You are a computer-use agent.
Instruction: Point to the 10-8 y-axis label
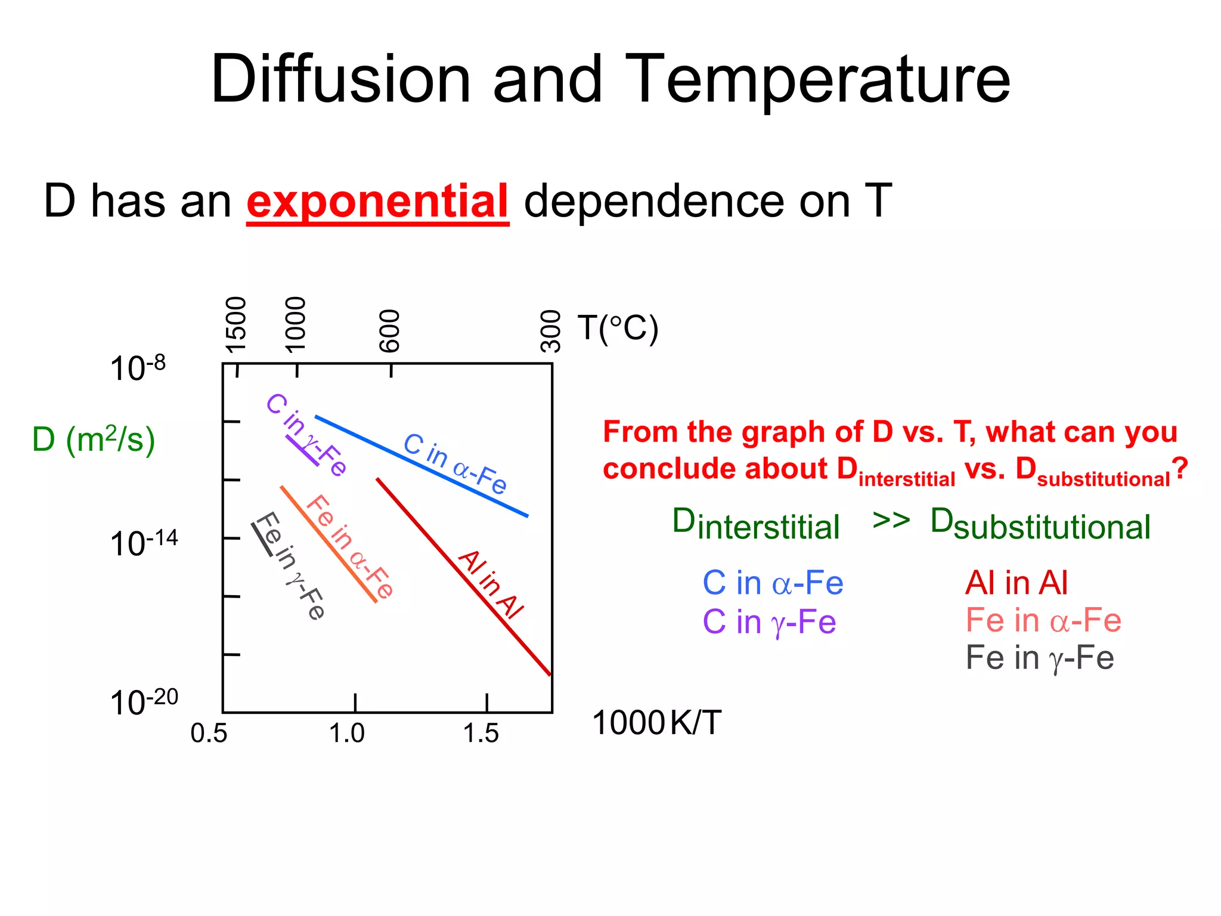coord(138,367)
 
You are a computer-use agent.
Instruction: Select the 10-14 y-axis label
coord(144,543)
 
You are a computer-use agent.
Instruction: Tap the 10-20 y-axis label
coord(144,701)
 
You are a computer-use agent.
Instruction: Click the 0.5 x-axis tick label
coord(209,734)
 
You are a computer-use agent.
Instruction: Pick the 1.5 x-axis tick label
coord(481,734)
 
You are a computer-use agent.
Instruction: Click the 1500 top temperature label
coord(236,325)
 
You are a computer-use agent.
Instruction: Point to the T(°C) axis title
coord(618,328)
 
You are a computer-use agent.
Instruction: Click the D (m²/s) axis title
coord(94,440)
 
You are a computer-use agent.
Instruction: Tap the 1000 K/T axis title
coord(656,723)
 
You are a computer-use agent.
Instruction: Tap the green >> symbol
coord(891,520)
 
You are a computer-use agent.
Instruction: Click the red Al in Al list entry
coord(1017,583)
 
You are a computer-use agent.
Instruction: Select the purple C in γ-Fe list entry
coord(769,622)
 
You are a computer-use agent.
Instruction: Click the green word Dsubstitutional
coord(1040,525)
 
